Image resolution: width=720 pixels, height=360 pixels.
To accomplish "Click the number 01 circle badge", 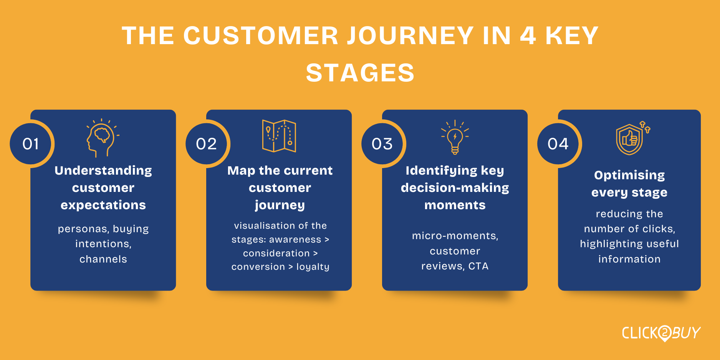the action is coord(31,144).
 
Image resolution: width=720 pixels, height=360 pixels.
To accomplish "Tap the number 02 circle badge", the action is coord(207,144).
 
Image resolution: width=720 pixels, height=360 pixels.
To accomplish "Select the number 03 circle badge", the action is coord(382,144).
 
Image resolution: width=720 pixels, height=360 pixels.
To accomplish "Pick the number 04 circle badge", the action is coord(558,144).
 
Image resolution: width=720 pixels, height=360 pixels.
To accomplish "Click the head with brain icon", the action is coord(103,138).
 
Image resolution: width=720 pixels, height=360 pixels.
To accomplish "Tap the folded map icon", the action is coord(279,136).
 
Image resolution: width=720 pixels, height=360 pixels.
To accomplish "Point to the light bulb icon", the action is coord(455,137).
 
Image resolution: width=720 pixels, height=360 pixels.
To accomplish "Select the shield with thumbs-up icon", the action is coord(632,138).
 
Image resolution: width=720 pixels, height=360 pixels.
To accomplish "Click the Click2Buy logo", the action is coord(661,333).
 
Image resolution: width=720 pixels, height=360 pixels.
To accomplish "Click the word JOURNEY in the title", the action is coord(410,36).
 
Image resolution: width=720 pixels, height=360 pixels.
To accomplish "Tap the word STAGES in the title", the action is coord(360,73).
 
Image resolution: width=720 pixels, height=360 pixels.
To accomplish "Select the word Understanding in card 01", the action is coord(103,171).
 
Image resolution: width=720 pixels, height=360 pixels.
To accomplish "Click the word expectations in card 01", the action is coord(103,205).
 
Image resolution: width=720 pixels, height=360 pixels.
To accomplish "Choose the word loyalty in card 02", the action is coord(313,267).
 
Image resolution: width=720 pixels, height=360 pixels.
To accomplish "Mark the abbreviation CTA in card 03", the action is coord(478,266).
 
